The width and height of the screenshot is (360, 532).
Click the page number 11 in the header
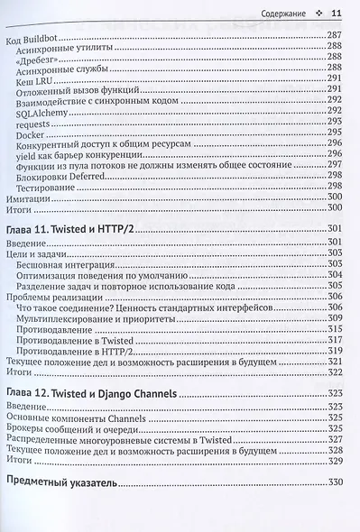click(x=337, y=14)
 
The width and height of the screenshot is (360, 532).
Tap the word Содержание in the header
click(x=282, y=14)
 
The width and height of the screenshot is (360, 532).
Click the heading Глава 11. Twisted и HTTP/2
click(x=79, y=229)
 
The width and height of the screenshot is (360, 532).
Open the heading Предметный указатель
click(x=61, y=483)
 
